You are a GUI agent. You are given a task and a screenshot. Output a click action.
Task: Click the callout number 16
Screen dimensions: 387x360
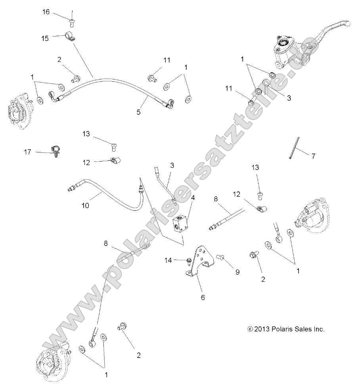point(46,12)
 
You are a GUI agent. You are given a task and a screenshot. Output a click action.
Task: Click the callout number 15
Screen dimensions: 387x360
point(45,38)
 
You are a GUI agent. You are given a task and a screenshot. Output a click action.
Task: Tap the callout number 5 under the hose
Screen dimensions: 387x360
point(138,112)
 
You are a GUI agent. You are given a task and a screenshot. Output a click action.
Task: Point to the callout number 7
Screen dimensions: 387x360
point(313,156)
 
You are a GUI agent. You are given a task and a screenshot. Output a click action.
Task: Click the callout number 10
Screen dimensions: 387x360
point(85,206)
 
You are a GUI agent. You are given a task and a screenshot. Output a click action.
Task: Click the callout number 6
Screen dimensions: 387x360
point(203,298)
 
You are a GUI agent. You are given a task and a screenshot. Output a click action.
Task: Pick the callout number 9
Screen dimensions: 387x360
point(237,272)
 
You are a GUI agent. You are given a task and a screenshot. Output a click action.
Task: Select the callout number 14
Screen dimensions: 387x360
point(168,260)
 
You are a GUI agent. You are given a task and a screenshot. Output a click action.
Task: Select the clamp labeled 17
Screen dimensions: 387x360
point(56,150)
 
